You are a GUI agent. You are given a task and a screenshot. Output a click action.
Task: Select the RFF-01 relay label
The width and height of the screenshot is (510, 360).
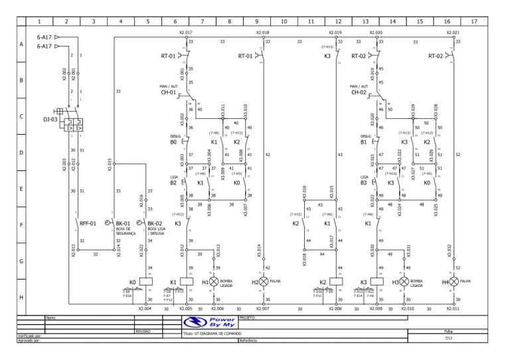click(88, 224)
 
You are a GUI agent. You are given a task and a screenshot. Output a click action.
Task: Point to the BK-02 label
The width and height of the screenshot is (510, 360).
click(155, 224)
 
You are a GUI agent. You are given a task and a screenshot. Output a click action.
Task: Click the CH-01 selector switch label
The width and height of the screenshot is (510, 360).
click(168, 92)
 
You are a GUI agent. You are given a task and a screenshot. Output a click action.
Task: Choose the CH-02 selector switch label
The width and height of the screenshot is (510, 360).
click(359, 92)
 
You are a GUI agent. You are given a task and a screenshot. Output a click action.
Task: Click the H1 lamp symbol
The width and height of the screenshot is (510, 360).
click(214, 282)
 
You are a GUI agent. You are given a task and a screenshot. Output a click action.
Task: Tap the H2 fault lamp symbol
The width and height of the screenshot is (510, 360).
click(264, 282)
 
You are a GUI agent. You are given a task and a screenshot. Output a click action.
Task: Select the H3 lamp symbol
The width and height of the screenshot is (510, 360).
click(404, 282)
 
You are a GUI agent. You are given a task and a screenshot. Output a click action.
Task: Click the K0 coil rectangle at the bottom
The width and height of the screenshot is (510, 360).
click(147, 282)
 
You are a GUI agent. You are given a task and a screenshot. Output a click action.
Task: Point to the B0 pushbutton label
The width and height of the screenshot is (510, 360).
click(173, 141)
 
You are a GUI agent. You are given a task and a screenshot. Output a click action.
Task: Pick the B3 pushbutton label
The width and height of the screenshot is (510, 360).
click(364, 183)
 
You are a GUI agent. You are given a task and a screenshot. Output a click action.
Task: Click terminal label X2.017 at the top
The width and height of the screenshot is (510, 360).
click(186, 32)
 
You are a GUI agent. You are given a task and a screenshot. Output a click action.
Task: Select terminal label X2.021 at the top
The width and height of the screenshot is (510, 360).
click(453, 32)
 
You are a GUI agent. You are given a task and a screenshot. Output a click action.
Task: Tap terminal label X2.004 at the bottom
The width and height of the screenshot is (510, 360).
click(145, 308)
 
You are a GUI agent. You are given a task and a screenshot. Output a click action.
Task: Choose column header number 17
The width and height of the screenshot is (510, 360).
click(473, 21)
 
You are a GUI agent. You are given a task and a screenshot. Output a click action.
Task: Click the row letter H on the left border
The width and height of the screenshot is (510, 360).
click(21, 298)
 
